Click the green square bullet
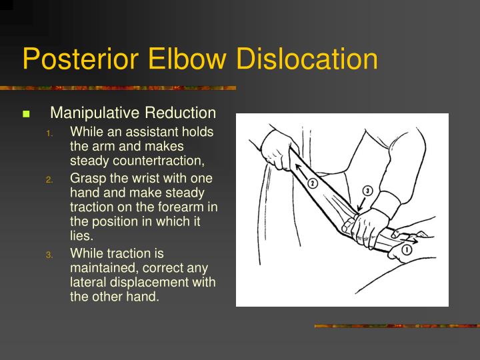click(27, 114)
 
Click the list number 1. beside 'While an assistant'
click(49, 132)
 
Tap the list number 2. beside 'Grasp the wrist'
click(49, 179)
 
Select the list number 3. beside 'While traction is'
click(49, 254)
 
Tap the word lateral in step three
click(85, 282)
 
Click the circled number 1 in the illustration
click(406, 250)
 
